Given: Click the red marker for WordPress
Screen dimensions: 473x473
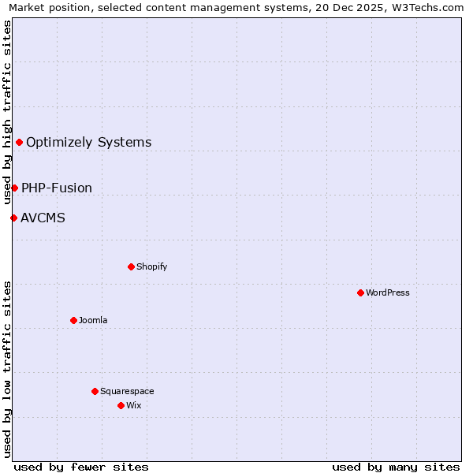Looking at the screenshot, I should tap(360, 292).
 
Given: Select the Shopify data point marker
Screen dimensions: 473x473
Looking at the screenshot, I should tap(131, 266).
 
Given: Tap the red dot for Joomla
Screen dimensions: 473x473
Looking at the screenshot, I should tap(73, 320).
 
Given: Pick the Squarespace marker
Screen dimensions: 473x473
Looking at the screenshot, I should tap(95, 391).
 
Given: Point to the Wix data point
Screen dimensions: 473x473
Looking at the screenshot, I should tap(121, 405).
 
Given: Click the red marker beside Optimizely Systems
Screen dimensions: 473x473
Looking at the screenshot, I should tap(19, 142).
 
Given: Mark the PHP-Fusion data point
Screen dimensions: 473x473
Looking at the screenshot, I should tap(14, 188).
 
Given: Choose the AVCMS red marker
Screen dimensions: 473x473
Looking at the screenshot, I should tap(13, 218).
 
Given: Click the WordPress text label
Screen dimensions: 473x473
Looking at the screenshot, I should tap(388, 292).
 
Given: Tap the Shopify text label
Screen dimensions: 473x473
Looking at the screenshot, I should tap(152, 266).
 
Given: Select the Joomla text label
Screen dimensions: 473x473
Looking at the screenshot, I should tap(93, 320).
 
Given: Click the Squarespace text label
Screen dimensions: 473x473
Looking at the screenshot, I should tap(127, 391).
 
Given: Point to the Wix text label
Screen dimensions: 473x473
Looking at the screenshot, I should tap(133, 405).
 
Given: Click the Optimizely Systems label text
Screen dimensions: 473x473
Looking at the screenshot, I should tap(89, 143).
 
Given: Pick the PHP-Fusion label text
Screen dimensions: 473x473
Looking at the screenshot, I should tap(57, 188).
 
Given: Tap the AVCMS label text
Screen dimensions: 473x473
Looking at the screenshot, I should tap(43, 218).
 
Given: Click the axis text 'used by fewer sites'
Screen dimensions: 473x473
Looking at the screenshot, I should tap(81, 467).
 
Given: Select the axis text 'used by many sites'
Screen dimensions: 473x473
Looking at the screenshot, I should tap(396, 467).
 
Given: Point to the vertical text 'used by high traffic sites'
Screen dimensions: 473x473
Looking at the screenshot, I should tap(7, 112).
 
